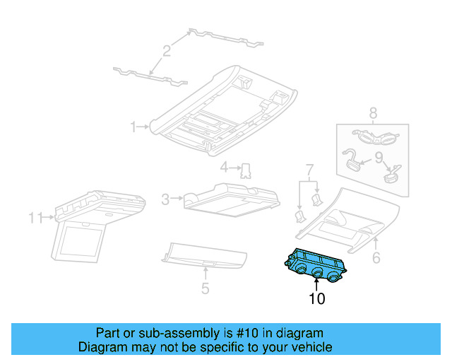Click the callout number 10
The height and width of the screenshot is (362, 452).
pos(317,299)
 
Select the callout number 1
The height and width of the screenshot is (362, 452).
pos(133,127)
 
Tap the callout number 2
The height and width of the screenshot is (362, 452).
pos(167,50)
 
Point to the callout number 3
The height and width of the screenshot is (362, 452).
pos(165,200)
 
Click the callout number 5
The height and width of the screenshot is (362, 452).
pos(205,288)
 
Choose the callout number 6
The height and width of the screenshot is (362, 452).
pos(376,258)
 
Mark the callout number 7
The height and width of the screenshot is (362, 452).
pos(309,170)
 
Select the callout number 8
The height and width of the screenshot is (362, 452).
pos(373,112)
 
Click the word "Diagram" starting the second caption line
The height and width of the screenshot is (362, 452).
pos(102,347)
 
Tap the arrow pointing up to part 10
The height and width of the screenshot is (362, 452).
pos(317,285)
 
